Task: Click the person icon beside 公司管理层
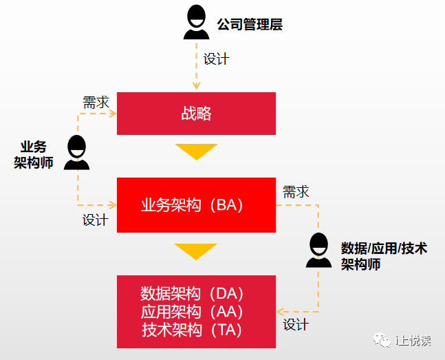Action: [196, 23]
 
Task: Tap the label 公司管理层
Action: [250, 25]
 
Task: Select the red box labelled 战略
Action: [196, 114]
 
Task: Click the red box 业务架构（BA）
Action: [196, 205]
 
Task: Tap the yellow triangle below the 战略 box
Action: [196, 151]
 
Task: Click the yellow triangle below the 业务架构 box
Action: [196, 251]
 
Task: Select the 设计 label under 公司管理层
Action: [216, 59]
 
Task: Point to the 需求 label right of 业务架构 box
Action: [296, 192]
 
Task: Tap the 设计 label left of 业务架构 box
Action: [96, 220]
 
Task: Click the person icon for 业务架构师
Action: [76, 153]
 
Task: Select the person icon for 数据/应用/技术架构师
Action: [318, 251]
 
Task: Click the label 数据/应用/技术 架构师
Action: [383, 255]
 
